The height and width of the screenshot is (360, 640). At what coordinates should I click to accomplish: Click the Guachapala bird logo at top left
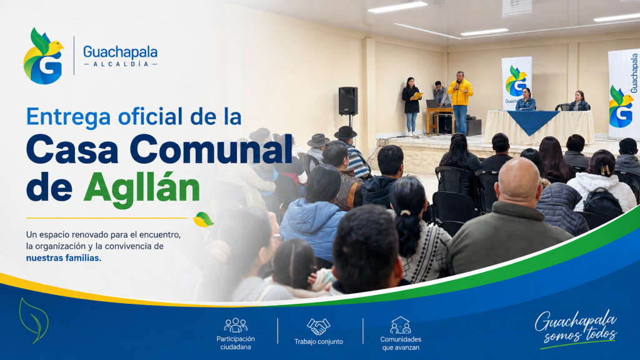point(43,56)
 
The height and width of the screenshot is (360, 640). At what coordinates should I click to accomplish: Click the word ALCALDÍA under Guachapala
point(121,64)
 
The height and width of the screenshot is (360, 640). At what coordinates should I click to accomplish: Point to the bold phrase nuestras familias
point(64,258)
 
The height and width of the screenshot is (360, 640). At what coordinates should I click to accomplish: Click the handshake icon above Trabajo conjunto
point(318,326)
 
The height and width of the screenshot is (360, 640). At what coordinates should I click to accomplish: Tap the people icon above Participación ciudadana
point(236,325)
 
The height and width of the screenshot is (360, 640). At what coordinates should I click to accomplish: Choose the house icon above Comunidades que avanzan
point(401,325)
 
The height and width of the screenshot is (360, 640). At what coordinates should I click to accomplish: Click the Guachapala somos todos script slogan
point(576,329)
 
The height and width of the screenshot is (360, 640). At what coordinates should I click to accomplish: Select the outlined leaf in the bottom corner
point(34,321)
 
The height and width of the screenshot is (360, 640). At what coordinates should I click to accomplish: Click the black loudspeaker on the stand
point(347,101)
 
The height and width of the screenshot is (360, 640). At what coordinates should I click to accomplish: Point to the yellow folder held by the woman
point(417,96)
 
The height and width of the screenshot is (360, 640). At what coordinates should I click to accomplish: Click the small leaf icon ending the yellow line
point(203,219)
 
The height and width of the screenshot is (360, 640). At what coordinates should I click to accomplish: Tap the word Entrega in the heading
point(68,117)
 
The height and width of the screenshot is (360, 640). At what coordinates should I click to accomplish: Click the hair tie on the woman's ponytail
point(404,212)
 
